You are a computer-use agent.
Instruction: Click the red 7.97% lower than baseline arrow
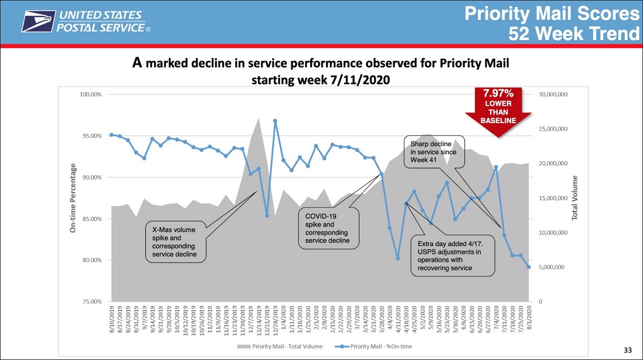point(498,110)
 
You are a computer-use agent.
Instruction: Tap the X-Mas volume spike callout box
point(176,242)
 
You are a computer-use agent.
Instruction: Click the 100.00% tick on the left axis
point(91,94)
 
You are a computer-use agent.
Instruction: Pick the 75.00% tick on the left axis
point(92,302)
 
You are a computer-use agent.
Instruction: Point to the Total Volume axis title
point(574,198)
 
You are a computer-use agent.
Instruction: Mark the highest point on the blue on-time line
point(275,121)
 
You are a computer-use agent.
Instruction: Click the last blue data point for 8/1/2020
point(528,267)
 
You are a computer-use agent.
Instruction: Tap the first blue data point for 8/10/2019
point(111,135)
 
